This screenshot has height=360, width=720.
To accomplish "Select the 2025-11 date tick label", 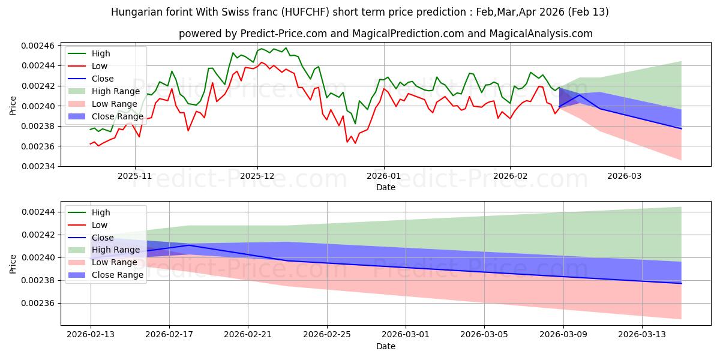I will point(135,177).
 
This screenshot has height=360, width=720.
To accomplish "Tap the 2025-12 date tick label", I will point(257,177).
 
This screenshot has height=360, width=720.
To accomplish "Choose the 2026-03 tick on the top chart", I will point(625,177).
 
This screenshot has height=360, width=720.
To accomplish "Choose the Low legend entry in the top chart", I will point(100,66).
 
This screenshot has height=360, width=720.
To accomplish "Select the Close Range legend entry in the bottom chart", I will point(117,275).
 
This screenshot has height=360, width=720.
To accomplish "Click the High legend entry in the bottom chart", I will point(101,212).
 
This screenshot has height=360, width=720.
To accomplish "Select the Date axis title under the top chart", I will point(386,187).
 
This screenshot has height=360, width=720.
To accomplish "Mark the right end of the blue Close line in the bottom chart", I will point(681,283).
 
